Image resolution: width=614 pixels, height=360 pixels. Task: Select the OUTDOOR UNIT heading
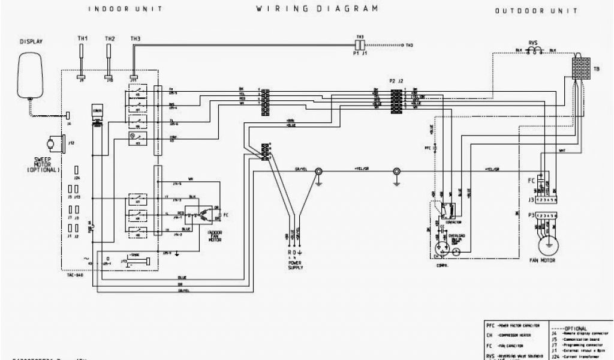click(536, 11)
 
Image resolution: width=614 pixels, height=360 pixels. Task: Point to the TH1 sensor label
click(83, 39)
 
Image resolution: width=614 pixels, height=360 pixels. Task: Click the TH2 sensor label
click(110, 39)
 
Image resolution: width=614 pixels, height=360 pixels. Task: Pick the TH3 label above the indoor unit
click(136, 39)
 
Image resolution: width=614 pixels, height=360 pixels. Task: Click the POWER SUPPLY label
click(294, 265)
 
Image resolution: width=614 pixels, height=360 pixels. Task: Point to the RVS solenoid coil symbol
click(532, 52)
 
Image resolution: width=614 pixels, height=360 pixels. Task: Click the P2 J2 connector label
click(396, 80)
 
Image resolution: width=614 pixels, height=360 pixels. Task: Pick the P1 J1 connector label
click(360, 53)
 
